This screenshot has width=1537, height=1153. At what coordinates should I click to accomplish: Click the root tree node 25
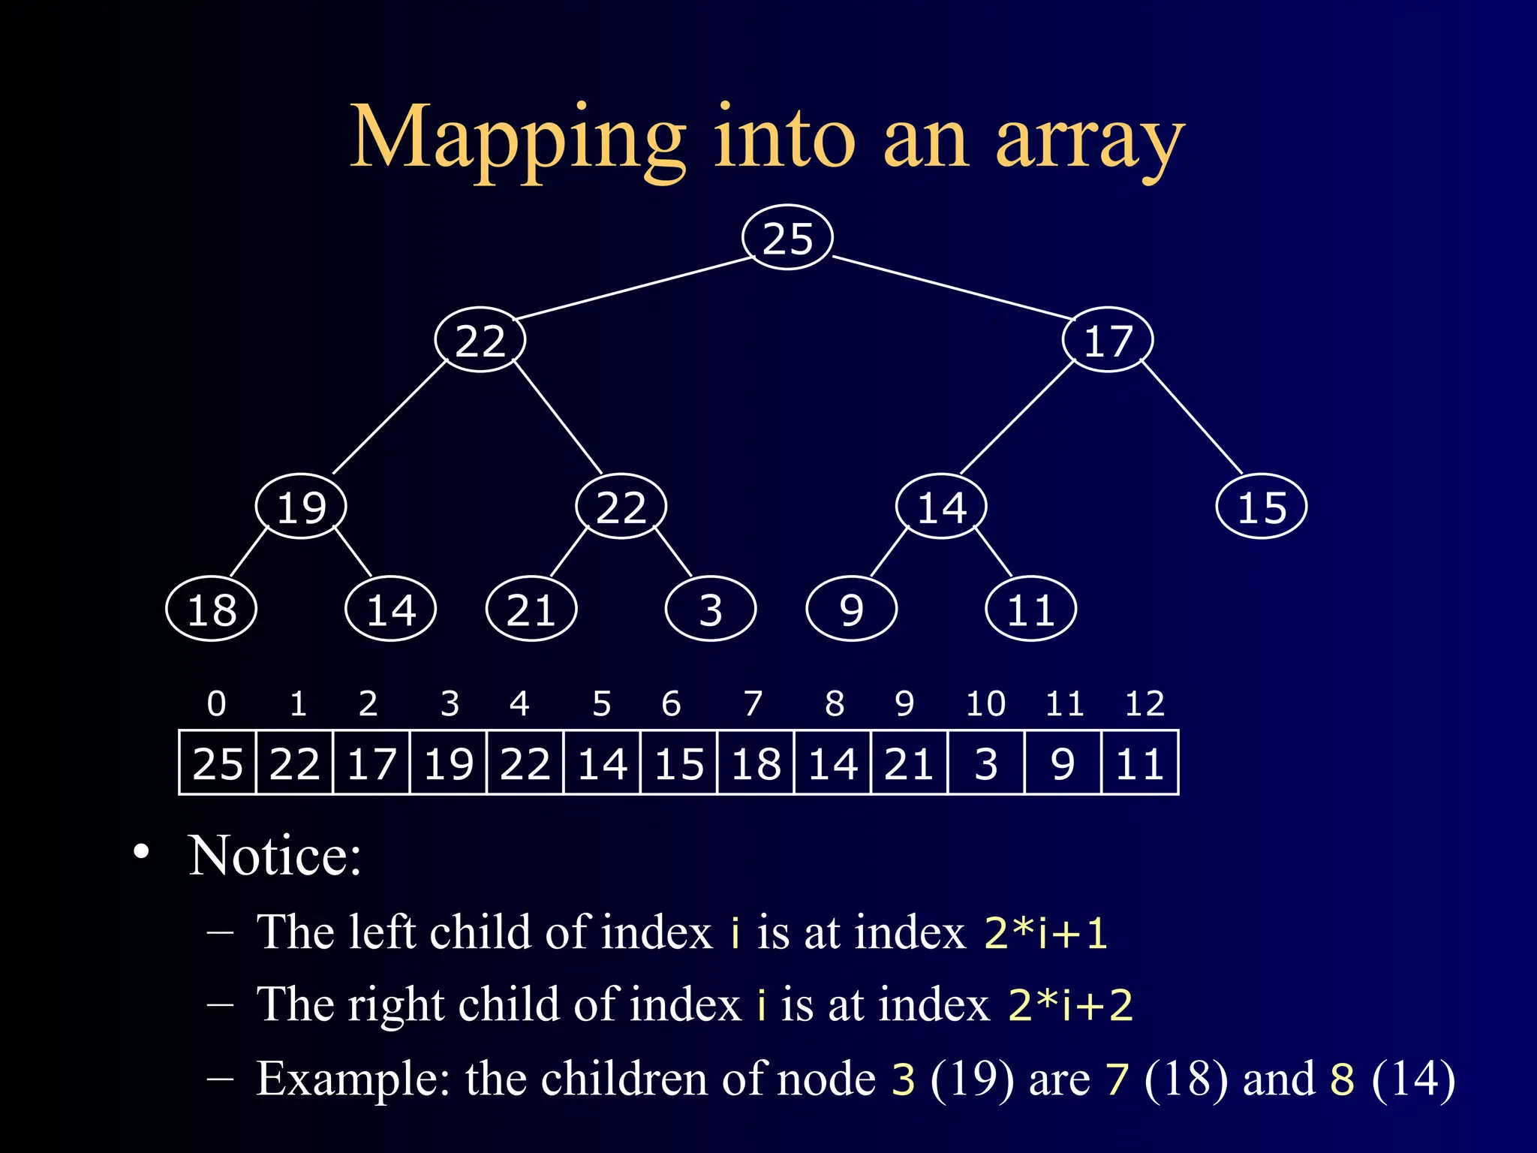787,238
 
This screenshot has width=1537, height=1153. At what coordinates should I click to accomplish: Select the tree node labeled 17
1108,341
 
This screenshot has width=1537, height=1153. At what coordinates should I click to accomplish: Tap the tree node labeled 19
301,507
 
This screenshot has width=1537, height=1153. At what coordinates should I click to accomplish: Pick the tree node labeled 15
1262,507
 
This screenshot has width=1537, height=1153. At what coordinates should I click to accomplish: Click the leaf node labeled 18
212,609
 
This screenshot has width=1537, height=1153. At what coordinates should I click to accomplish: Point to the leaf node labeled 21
531,609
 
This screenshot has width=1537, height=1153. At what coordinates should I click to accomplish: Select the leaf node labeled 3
710,609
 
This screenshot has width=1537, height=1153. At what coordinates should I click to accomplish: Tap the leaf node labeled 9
851,609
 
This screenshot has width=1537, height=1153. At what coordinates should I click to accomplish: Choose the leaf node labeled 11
1030,609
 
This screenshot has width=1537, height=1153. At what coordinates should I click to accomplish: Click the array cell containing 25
218,763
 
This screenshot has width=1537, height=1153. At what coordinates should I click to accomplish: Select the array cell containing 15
679,763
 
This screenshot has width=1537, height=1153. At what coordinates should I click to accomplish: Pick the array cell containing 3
986,763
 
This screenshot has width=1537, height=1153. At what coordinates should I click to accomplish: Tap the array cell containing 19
449,763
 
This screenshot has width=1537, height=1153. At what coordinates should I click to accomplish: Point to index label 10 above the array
985,703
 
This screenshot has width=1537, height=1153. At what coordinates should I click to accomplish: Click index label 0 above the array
216,703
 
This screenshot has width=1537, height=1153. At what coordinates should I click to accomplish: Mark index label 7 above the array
753,703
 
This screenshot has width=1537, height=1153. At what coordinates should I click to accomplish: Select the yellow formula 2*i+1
1045,933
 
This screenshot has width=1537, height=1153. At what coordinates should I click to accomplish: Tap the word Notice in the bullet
275,856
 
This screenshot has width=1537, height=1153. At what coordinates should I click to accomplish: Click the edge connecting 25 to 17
953,287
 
